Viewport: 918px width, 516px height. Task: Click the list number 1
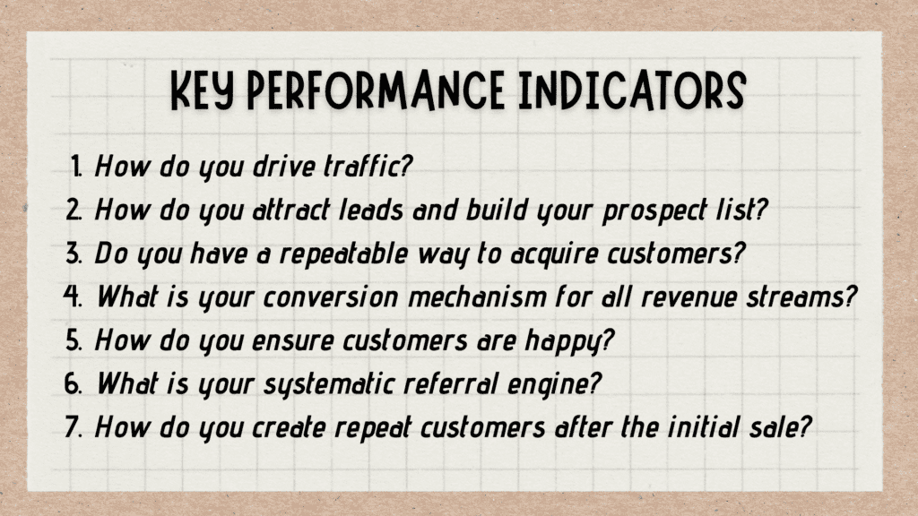77,167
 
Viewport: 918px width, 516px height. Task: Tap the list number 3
76,254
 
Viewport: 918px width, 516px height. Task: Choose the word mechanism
499,297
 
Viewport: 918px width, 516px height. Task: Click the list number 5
76,340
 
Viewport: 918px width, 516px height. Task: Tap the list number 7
76,427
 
